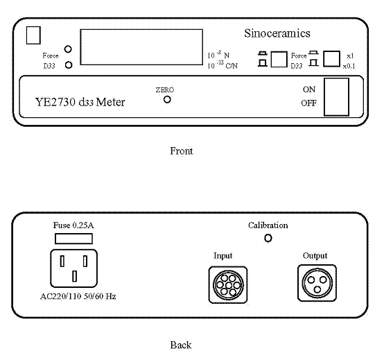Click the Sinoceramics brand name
[277, 33]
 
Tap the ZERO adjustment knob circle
[167, 100]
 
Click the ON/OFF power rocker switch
[336, 97]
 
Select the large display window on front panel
[141, 47]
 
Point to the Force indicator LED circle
[68, 49]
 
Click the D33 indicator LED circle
[69, 65]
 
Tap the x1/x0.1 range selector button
[331, 59]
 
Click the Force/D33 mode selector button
[279, 59]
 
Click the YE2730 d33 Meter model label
[80, 102]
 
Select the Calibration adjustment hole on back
[268, 238]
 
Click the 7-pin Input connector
[228, 285]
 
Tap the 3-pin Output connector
[317, 283]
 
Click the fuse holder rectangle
[73, 239]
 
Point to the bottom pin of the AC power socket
[74, 276]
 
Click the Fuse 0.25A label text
[73, 225]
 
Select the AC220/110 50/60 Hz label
[78, 296]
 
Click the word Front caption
[182, 151]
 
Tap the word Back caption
[181, 345]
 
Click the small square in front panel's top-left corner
[33, 35]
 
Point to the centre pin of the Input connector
[228, 285]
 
